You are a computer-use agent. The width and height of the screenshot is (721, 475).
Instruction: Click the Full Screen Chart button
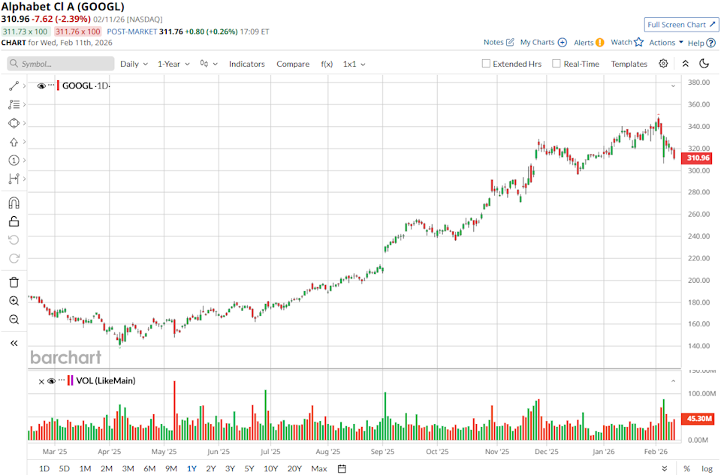pos(680,25)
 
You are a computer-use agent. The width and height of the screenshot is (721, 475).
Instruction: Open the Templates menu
pos(629,64)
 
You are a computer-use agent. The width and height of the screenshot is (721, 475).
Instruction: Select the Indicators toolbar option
pos(246,64)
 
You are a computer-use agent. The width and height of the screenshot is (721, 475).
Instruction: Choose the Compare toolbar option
pos(293,64)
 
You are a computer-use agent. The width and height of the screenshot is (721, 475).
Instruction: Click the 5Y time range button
pos(249,468)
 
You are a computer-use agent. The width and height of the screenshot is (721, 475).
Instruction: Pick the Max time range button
pos(319,468)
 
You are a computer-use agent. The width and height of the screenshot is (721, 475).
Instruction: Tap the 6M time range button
pos(149,468)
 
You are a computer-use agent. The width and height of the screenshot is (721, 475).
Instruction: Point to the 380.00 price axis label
pos(701,83)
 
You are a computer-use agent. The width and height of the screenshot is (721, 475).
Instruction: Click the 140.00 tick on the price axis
pos(701,346)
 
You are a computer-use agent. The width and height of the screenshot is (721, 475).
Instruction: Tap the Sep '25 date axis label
pos(383,452)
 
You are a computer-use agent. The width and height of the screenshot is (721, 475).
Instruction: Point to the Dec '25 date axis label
pos(546,452)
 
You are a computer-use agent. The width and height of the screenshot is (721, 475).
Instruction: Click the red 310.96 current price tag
pos(698,158)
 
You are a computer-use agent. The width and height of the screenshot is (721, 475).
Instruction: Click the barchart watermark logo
pos(65,357)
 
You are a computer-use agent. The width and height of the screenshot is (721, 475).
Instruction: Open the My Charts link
pos(543,43)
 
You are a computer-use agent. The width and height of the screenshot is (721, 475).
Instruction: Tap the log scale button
pos(707,468)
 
